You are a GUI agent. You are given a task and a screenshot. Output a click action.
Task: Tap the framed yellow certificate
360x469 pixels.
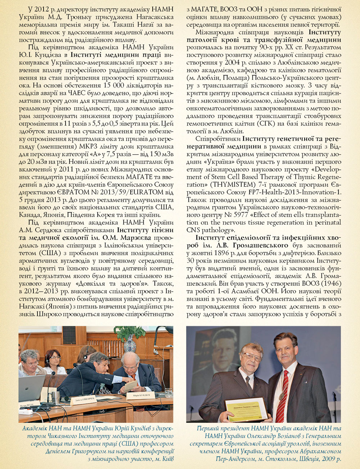tap(247, 410)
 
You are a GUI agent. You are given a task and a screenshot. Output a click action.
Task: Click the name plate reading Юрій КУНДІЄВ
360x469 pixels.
tap(141, 396)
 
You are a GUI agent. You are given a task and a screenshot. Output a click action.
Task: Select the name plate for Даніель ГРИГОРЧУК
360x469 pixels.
tap(84, 400)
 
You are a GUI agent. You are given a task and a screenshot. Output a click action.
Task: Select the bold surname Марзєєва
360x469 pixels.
tap(134, 238)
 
